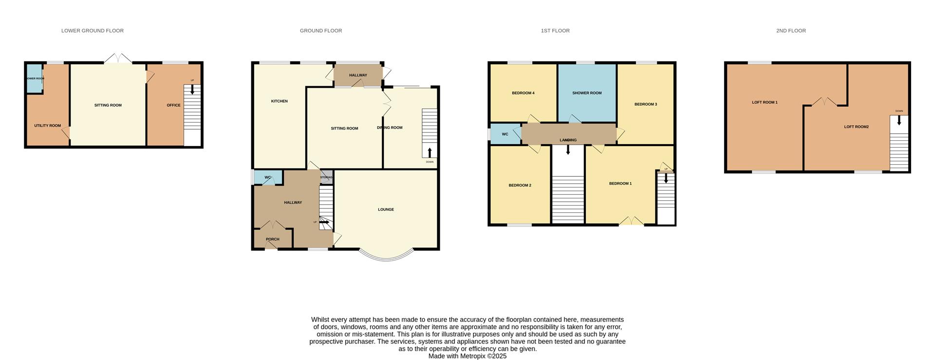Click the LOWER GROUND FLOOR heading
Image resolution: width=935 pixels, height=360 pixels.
pos(92,31)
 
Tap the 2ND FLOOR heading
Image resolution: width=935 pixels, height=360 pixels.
pos(791,31)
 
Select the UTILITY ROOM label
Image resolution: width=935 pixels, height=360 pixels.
pos(47,126)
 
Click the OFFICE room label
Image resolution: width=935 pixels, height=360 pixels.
pos(173,105)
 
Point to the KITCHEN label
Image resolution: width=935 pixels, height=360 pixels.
pos(279,101)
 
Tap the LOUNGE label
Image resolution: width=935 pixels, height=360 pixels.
pos(386,209)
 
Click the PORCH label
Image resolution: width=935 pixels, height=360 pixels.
pos(273,239)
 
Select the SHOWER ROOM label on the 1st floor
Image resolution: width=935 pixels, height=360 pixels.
pos(587,93)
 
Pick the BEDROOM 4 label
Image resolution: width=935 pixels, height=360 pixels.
pos(523,93)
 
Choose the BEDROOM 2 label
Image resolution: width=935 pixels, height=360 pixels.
pos(520,185)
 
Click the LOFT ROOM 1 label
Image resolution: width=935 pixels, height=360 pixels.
pos(765,102)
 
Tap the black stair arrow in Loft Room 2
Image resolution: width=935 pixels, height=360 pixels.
pos(899,120)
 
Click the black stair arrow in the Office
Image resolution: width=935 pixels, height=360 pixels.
pos(192,89)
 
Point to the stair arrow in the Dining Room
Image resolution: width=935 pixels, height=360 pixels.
pos(430,152)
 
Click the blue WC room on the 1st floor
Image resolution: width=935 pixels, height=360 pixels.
pos(505,134)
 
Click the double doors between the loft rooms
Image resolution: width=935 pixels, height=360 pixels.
pos(824,102)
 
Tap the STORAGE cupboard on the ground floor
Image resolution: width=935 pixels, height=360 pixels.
pos(326,177)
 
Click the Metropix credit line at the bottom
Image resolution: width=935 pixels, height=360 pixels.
pos(467,356)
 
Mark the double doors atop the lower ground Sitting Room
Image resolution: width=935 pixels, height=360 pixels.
pos(118,58)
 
